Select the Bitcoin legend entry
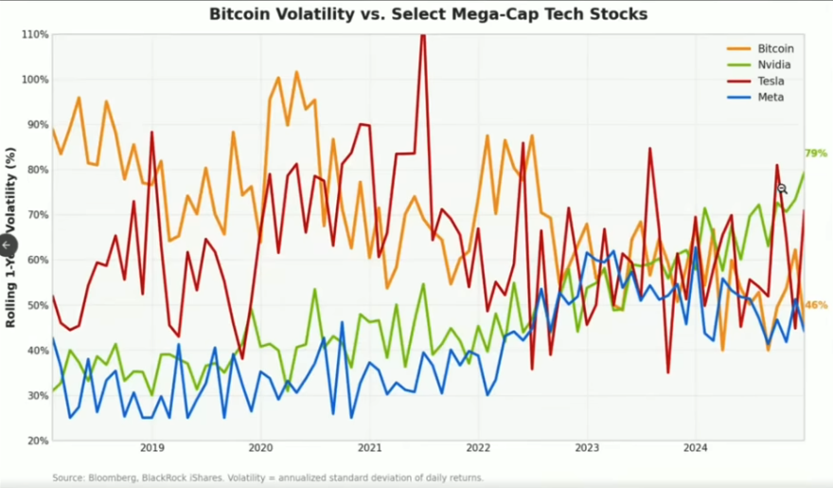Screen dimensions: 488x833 tap(774, 48)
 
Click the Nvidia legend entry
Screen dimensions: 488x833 tap(773, 64)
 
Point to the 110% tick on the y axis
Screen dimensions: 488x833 tap(35, 34)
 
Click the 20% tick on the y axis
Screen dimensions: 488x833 tap(38, 441)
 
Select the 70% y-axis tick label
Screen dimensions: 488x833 tap(38, 215)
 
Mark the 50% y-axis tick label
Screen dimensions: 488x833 tap(38, 305)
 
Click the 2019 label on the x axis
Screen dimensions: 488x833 tap(152, 447)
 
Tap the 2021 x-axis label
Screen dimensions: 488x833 tap(369, 447)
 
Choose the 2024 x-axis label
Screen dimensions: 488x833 tap(696, 447)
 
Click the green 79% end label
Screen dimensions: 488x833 tap(815, 153)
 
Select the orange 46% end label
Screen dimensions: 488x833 tap(815, 305)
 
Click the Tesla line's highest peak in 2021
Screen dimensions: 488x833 tap(422, 36)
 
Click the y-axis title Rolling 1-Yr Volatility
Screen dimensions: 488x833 tap(11, 237)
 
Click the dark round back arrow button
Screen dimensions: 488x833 tap(7, 244)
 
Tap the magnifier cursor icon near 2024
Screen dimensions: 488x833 tap(782, 190)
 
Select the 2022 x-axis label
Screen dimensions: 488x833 tap(478, 447)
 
